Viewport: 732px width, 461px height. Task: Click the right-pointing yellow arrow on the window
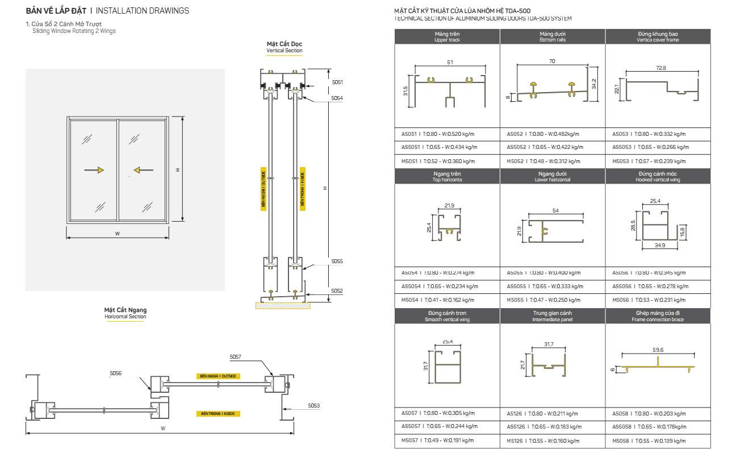point(99,169)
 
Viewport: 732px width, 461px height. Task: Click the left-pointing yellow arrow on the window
point(138,169)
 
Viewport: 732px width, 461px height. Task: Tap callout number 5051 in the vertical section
point(337,82)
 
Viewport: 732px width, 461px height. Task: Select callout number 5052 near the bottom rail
point(337,290)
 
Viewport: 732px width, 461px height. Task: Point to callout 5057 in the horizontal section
point(236,357)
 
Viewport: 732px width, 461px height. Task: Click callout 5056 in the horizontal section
point(116,373)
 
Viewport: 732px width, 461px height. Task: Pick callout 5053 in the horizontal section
point(314,405)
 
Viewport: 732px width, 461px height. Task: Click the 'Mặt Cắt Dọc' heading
point(285,44)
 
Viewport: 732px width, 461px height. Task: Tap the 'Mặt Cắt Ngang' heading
point(125,310)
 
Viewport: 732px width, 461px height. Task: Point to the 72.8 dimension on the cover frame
point(660,68)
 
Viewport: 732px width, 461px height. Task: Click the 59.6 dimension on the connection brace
point(658,350)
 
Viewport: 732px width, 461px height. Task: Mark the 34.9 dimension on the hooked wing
point(659,246)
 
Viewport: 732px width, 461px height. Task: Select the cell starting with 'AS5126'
point(544,426)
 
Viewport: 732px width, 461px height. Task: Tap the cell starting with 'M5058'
point(648,440)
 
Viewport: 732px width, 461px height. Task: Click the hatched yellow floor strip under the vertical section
point(283,306)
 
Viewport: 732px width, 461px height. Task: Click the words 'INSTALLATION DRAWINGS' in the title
point(143,11)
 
